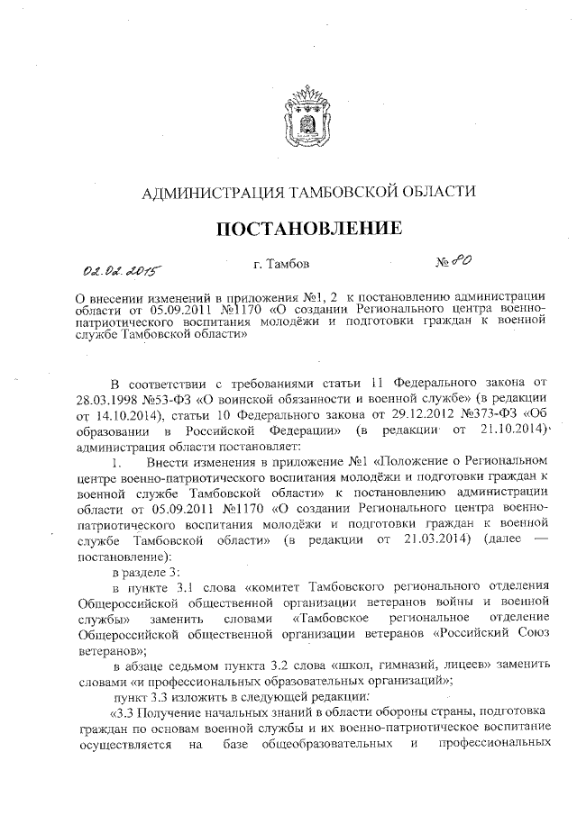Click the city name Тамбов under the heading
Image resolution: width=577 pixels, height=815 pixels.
tap(291, 265)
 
